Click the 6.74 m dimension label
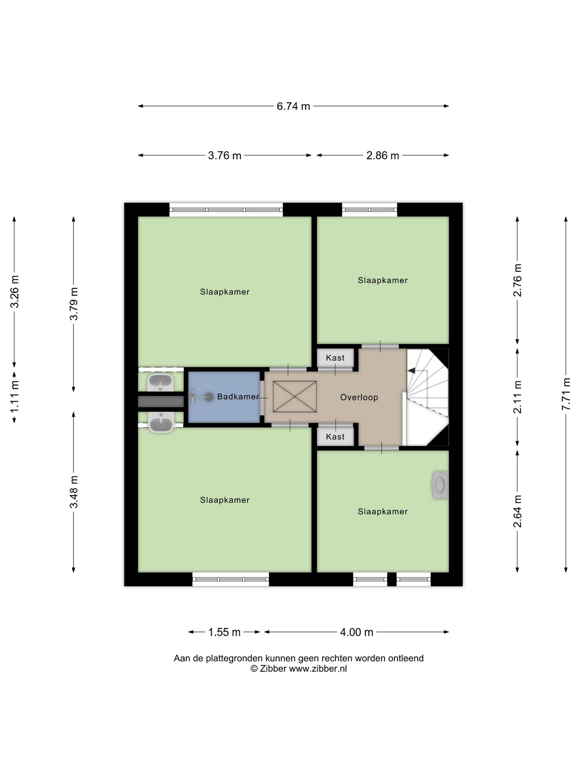click(293, 106)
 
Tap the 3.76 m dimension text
click(225, 155)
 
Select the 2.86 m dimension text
click(383, 155)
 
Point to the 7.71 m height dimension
click(566, 394)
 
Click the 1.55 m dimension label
click(224, 632)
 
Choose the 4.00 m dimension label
click(356, 632)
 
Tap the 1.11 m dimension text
click(14, 397)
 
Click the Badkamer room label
click(238, 397)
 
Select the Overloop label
click(359, 397)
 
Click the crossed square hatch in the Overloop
click(295, 397)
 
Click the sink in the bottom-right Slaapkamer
click(440, 485)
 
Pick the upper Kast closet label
click(335, 358)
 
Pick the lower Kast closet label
click(335, 437)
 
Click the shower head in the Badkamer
click(209, 397)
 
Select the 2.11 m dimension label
click(518, 397)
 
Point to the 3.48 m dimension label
click(74, 492)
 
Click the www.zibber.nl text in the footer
click(318, 669)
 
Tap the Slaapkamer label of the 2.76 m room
click(383, 280)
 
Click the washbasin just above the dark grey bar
click(160, 382)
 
